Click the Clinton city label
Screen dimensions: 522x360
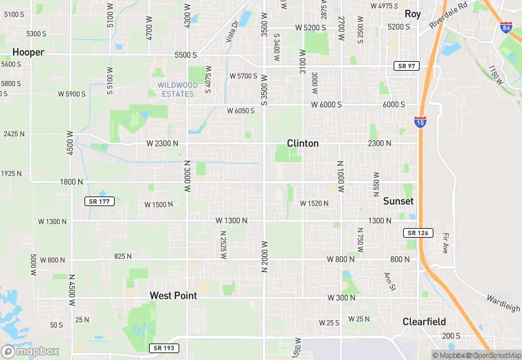pyautogui.click(x=302, y=144)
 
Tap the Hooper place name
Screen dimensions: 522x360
pyautogui.click(x=28, y=52)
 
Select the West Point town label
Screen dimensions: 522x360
pyautogui.click(x=173, y=295)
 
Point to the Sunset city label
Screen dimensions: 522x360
pyautogui.click(x=398, y=201)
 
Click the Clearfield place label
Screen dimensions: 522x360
pyautogui.click(x=424, y=322)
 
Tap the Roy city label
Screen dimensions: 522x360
pyautogui.click(x=412, y=14)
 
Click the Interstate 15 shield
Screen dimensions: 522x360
pyautogui.click(x=420, y=122)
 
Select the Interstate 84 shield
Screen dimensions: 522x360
pyautogui.click(x=506, y=28)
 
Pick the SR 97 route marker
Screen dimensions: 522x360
pyautogui.click(x=405, y=65)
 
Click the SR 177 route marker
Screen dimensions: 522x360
pyautogui.click(x=98, y=201)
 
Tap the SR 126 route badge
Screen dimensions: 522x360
pyautogui.click(x=417, y=233)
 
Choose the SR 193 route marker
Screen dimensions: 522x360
pyautogui.click(x=163, y=348)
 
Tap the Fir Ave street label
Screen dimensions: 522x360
pyautogui.click(x=446, y=242)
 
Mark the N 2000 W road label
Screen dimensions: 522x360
pyautogui.click(x=264, y=256)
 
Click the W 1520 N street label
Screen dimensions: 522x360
pyautogui.click(x=314, y=203)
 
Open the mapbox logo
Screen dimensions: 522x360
pyautogui.click(x=30, y=350)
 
